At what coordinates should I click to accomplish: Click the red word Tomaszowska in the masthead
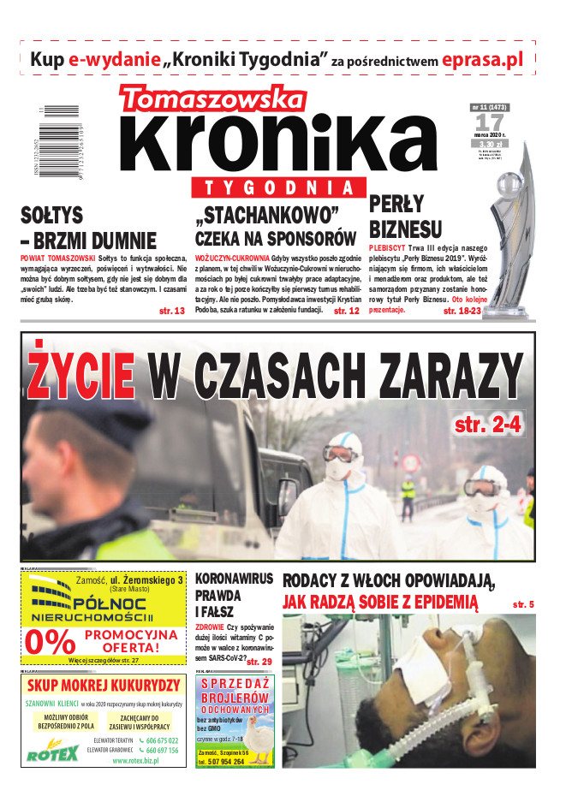coord(212,99)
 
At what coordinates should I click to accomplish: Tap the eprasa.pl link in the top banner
coord(482,60)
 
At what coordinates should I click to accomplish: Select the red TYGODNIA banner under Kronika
coord(280,188)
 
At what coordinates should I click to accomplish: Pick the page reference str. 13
coord(172,311)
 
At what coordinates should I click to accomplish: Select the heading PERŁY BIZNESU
coord(405,217)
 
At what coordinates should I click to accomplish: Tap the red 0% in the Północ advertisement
coord(51,642)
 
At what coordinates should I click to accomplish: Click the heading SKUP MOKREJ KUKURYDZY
coord(104,685)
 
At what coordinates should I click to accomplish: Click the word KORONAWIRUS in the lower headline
coord(233,578)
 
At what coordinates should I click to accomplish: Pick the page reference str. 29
coord(259,662)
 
